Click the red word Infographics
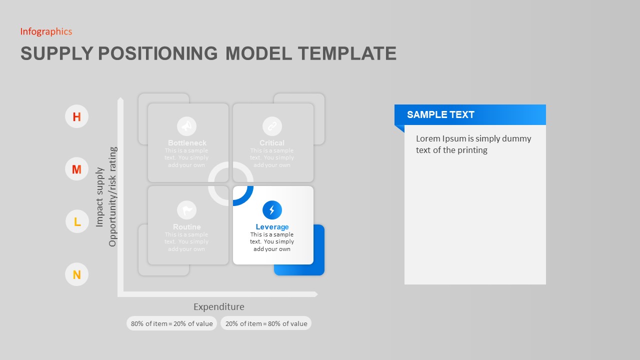[46, 31]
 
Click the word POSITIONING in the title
[157, 53]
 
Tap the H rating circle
[76, 117]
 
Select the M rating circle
[76, 169]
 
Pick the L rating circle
[77, 221]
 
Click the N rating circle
[76, 274]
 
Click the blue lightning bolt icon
[272, 210]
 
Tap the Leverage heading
[272, 227]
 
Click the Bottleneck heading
[187, 143]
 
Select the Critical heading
[272, 143]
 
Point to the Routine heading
[187, 227]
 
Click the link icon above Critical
[272, 126]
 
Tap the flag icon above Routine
[187, 210]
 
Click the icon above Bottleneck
[187, 126]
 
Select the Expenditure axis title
[219, 307]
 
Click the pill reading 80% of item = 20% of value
[171, 323]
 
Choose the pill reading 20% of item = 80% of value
[266, 323]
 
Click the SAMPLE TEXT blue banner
[470, 114]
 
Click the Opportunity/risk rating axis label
[112, 196]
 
